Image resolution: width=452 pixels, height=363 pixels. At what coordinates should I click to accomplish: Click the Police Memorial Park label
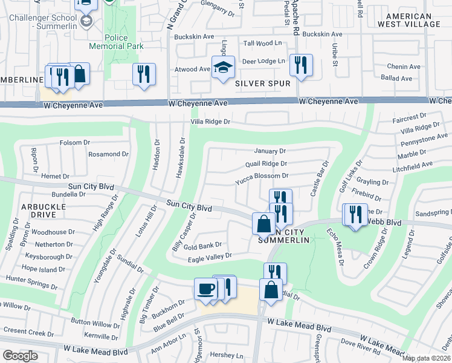pos(115,41)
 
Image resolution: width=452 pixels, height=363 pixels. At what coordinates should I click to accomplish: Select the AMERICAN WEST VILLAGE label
pos(408,20)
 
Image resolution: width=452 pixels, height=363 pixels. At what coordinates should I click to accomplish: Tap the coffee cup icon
pos(205,289)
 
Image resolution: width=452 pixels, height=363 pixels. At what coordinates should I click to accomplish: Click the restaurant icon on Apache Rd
pos(300,65)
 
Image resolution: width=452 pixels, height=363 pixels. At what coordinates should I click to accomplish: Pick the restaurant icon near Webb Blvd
pos(354,215)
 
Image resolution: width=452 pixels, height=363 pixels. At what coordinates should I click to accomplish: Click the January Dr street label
pos(270,151)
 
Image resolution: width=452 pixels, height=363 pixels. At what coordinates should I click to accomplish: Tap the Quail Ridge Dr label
pos(266,163)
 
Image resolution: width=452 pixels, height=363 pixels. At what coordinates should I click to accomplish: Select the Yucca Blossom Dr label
pos(262,176)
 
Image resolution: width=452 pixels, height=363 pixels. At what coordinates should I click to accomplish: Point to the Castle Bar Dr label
pos(318,178)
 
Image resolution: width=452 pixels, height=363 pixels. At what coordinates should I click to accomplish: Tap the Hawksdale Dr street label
pos(180,157)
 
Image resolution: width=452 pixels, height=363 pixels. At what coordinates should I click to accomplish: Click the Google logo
pos(19,356)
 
